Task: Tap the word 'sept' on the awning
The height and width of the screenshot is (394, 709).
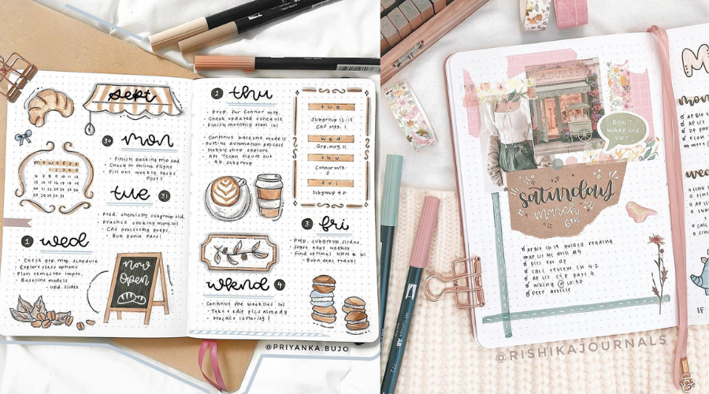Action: [131, 95]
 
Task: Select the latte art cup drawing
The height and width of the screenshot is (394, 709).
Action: [227, 196]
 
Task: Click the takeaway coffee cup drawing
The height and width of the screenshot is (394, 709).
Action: [269, 195]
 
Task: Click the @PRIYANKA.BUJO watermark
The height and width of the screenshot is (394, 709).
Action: [304, 346]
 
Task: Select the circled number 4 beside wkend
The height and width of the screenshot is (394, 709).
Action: [280, 284]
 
